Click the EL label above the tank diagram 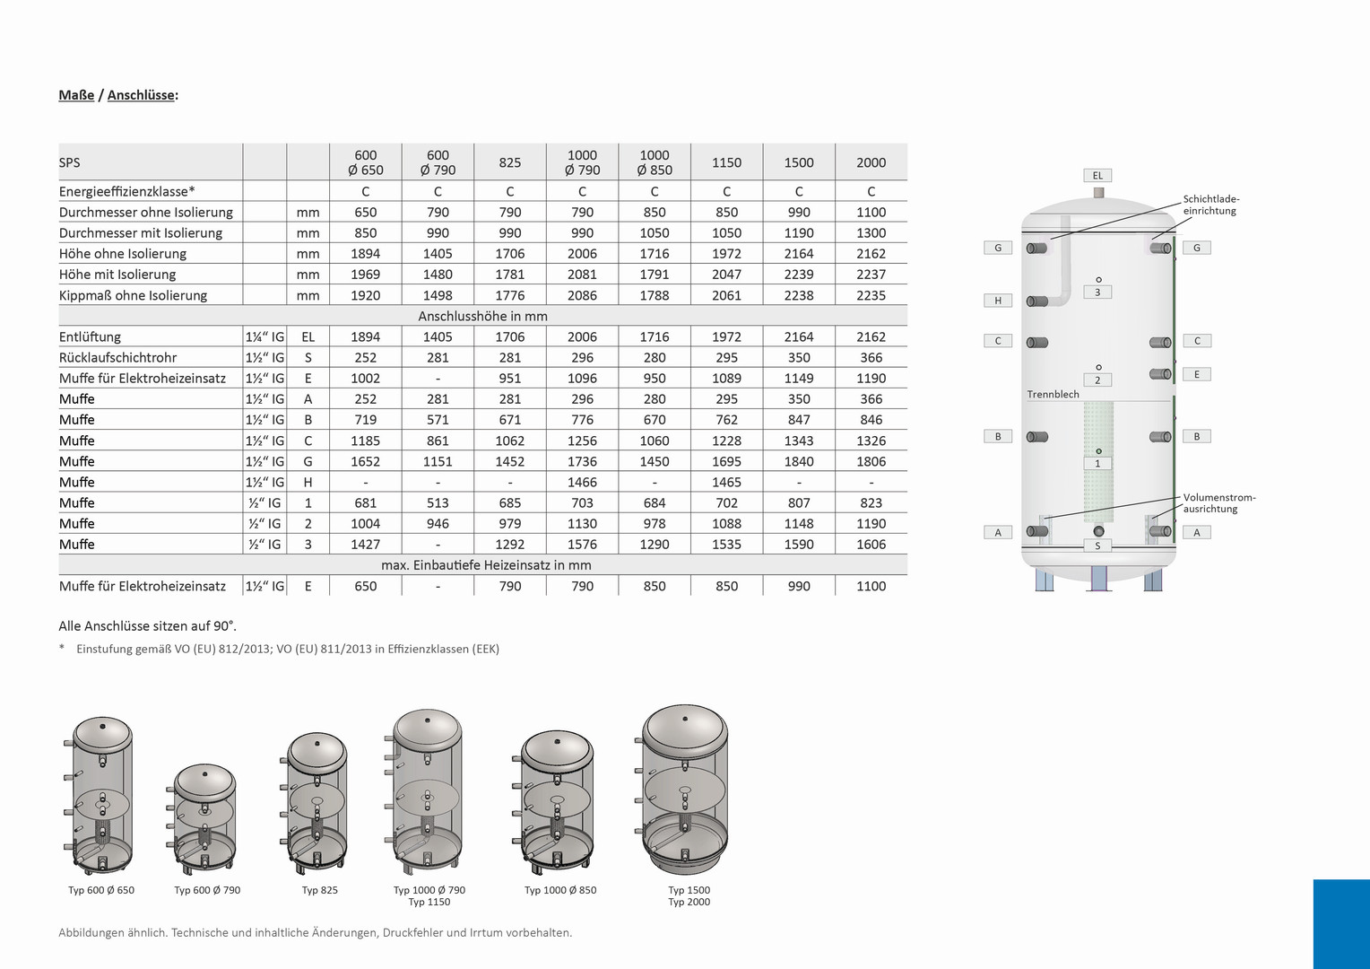point(1097,176)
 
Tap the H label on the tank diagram point(998,301)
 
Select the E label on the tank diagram point(1197,374)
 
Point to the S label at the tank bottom point(1097,546)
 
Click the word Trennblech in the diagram point(1053,394)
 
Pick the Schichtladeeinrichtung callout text point(1211,205)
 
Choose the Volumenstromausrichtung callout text point(1219,503)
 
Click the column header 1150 point(726,162)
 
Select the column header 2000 point(871,162)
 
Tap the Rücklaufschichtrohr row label point(117,357)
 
